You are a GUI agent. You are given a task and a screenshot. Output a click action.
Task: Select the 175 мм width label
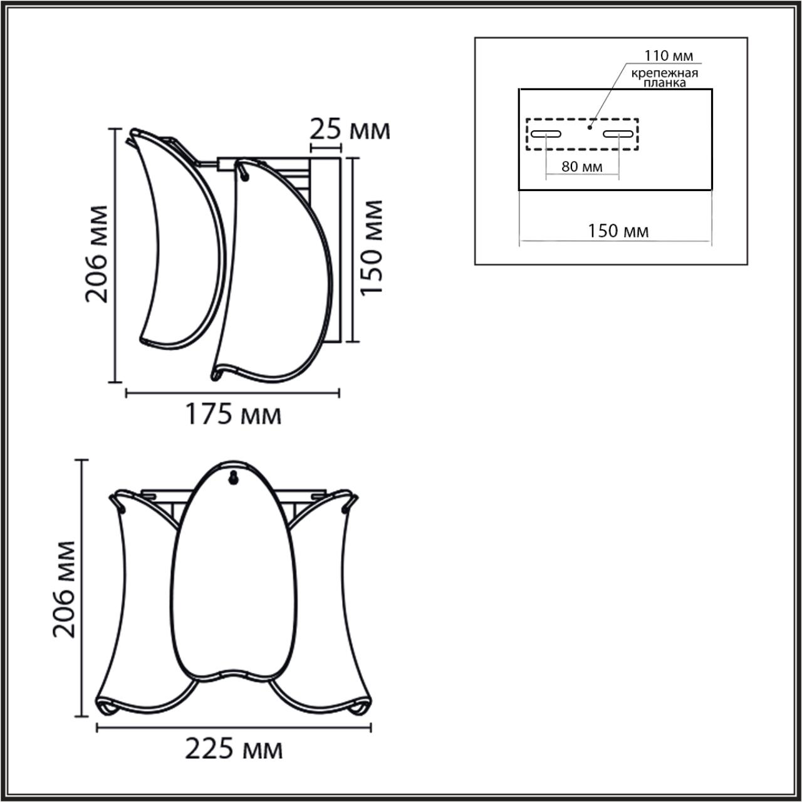[232, 414]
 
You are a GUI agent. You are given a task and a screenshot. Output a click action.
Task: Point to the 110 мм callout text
[670, 56]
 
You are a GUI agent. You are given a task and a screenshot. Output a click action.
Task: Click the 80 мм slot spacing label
[581, 167]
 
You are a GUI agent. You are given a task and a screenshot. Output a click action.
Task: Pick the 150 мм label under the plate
[618, 231]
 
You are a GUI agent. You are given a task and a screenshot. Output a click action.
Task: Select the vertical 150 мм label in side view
[372, 248]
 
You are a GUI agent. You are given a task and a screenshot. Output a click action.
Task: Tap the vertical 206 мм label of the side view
[97, 253]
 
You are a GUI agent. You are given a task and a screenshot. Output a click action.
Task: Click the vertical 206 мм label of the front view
[64, 589]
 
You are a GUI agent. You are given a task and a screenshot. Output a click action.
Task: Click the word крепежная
[664, 73]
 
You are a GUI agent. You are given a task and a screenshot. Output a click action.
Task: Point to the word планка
[664, 83]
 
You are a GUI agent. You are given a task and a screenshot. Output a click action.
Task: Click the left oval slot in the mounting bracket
[546, 133]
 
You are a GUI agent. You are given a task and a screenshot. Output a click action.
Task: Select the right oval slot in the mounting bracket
[618, 133]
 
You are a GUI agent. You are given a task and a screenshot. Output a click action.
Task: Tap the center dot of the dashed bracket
[590, 127]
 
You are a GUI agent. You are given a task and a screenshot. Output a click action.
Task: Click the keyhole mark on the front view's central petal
[233, 478]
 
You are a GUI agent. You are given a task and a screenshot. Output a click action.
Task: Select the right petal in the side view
[276, 269]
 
